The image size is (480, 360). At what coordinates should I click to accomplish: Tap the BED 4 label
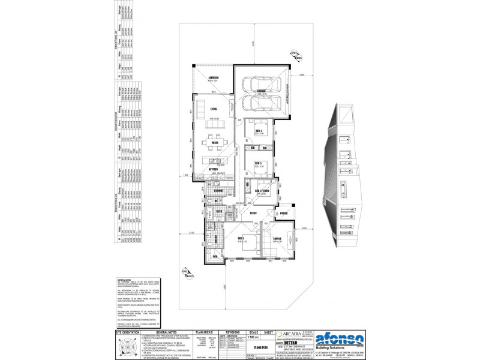point(259,130)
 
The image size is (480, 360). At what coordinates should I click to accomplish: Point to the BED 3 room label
point(259,163)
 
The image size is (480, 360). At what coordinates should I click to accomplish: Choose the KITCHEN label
point(214,170)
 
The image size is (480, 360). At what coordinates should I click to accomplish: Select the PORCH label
point(283,212)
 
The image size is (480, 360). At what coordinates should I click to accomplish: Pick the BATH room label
point(220,212)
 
